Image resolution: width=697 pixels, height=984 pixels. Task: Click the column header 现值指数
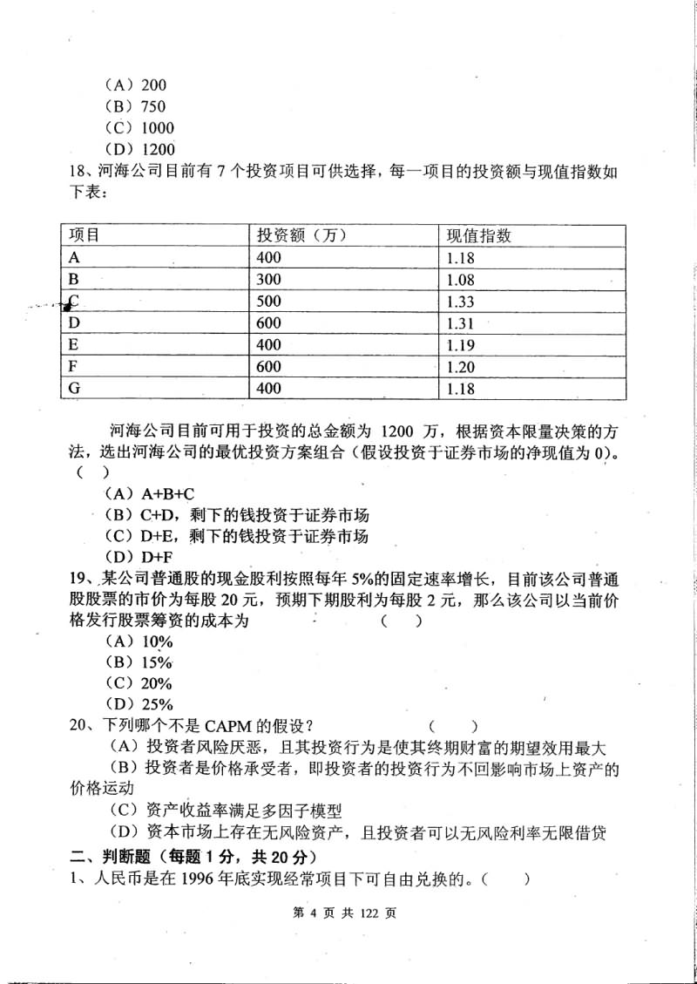(x=478, y=235)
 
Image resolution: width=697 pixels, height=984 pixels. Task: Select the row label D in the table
(x=74, y=323)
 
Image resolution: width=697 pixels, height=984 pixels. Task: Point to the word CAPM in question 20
(x=228, y=726)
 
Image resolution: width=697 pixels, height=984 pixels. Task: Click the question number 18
(x=78, y=171)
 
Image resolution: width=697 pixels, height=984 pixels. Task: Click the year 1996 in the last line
(x=202, y=879)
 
